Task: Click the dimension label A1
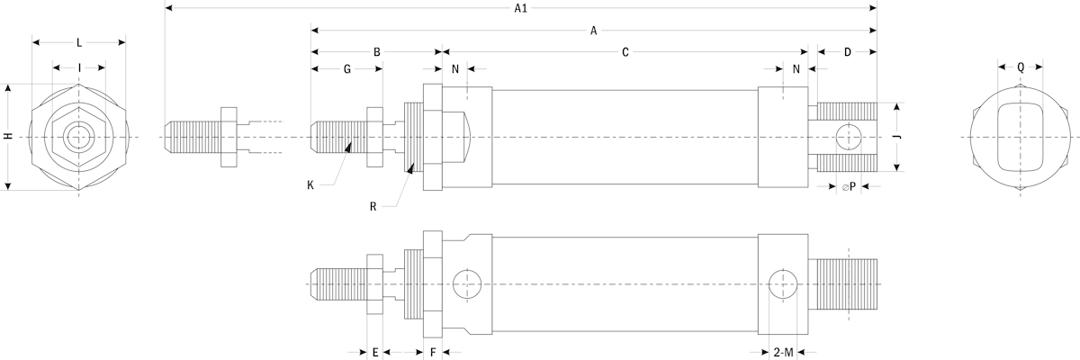tap(520, 9)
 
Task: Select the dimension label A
tap(593, 31)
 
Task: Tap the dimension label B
tap(377, 52)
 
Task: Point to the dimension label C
tap(625, 52)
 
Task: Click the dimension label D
tap(847, 52)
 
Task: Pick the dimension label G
tap(346, 69)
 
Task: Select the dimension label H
tap(8, 137)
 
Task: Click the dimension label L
tap(79, 42)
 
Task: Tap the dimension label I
tap(79, 67)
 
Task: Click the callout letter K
tap(310, 185)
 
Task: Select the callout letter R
tap(373, 206)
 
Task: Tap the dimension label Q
tap(1021, 67)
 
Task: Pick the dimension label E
tap(374, 352)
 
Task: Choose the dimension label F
tap(433, 352)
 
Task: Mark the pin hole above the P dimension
tap(848, 137)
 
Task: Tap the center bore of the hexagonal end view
tap(79, 137)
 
